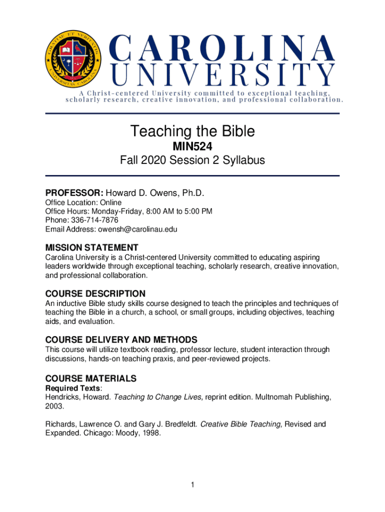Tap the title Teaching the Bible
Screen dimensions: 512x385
click(x=192, y=131)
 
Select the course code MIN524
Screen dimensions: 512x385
click(x=192, y=147)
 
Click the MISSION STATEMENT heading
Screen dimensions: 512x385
click(x=92, y=247)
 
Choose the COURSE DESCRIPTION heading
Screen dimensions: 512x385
click(x=95, y=293)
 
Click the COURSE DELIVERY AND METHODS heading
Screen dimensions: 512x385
click(x=121, y=339)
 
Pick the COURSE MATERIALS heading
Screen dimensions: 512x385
click(x=91, y=378)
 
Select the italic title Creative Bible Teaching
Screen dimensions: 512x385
click(x=241, y=424)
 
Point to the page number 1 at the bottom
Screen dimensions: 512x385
click(x=192, y=485)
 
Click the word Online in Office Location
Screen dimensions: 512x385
click(x=110, y=202)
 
